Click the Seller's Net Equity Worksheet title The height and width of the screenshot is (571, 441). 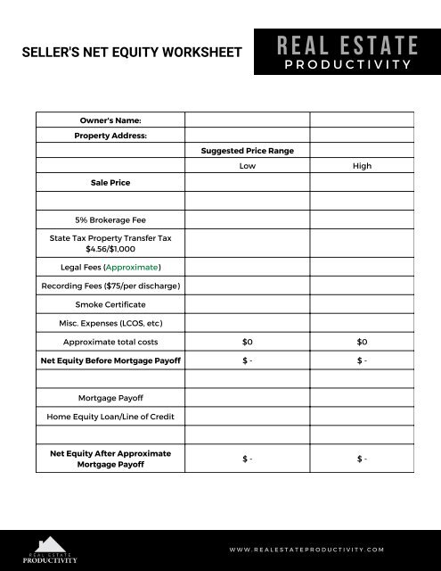(132, 53)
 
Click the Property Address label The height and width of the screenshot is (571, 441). (110, 136)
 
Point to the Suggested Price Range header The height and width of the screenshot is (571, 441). (248, 151)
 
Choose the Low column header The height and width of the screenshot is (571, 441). (248, 166)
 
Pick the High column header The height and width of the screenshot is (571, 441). (362, 166)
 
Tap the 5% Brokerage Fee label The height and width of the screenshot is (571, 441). (110, 219)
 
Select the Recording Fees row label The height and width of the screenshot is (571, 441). (110, 285)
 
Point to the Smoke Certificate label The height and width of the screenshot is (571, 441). (110, 304)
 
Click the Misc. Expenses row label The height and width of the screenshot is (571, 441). (110, 323)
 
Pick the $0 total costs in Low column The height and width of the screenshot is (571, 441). (248, 342)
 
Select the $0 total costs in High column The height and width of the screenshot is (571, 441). (362, 342)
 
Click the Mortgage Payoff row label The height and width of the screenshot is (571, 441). (110, 398)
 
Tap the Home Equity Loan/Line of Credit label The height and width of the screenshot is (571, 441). (110, 417)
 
